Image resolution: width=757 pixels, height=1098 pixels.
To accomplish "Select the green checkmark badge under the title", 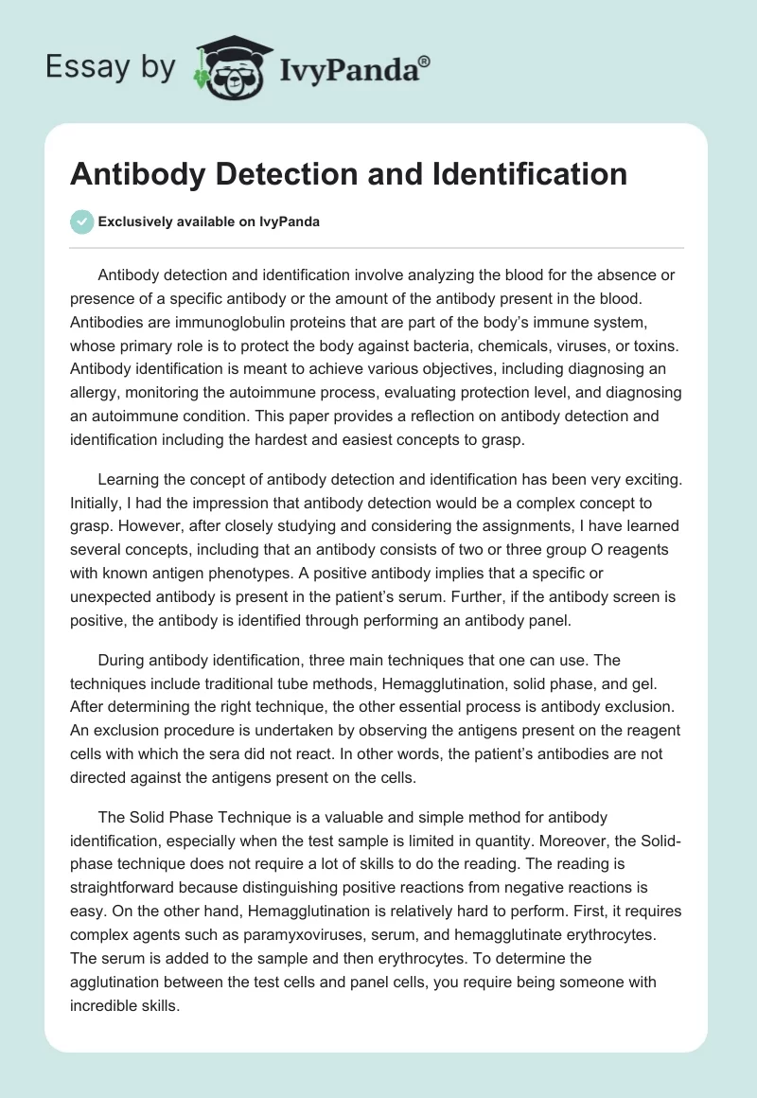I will (x=81, y=221).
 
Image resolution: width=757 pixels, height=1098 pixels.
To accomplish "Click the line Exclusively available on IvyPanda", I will (x=208, y=221).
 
